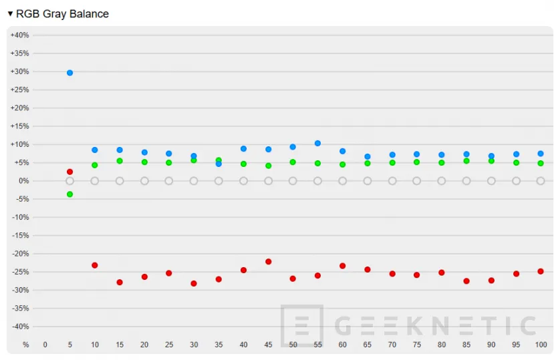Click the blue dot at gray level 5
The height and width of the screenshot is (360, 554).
[70, 73]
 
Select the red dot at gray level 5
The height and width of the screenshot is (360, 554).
[70, 172]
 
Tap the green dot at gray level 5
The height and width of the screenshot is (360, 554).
[70, 194]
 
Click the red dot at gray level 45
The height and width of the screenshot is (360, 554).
[268, 262]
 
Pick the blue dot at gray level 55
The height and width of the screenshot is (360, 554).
[317, 144]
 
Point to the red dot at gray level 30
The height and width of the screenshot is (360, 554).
[194, 283]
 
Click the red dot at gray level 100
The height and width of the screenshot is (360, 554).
[541, 271]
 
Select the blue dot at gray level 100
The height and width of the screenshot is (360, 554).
[541, 154]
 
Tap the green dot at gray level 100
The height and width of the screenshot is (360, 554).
[541, 163]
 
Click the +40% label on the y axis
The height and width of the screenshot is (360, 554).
[19, 35]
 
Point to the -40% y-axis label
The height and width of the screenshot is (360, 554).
[20, 327]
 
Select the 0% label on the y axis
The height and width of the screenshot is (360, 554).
[23, 181]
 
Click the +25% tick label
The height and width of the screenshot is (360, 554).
[19, 89]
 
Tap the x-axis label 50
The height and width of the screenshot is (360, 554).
[293, 345]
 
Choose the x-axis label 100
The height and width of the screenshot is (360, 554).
[540, 345]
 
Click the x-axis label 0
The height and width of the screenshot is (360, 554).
[45, 345]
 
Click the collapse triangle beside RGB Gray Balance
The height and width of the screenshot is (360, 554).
[10, 14]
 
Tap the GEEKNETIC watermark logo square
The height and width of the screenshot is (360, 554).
[302, 325]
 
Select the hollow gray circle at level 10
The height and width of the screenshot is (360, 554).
[94, 181]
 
